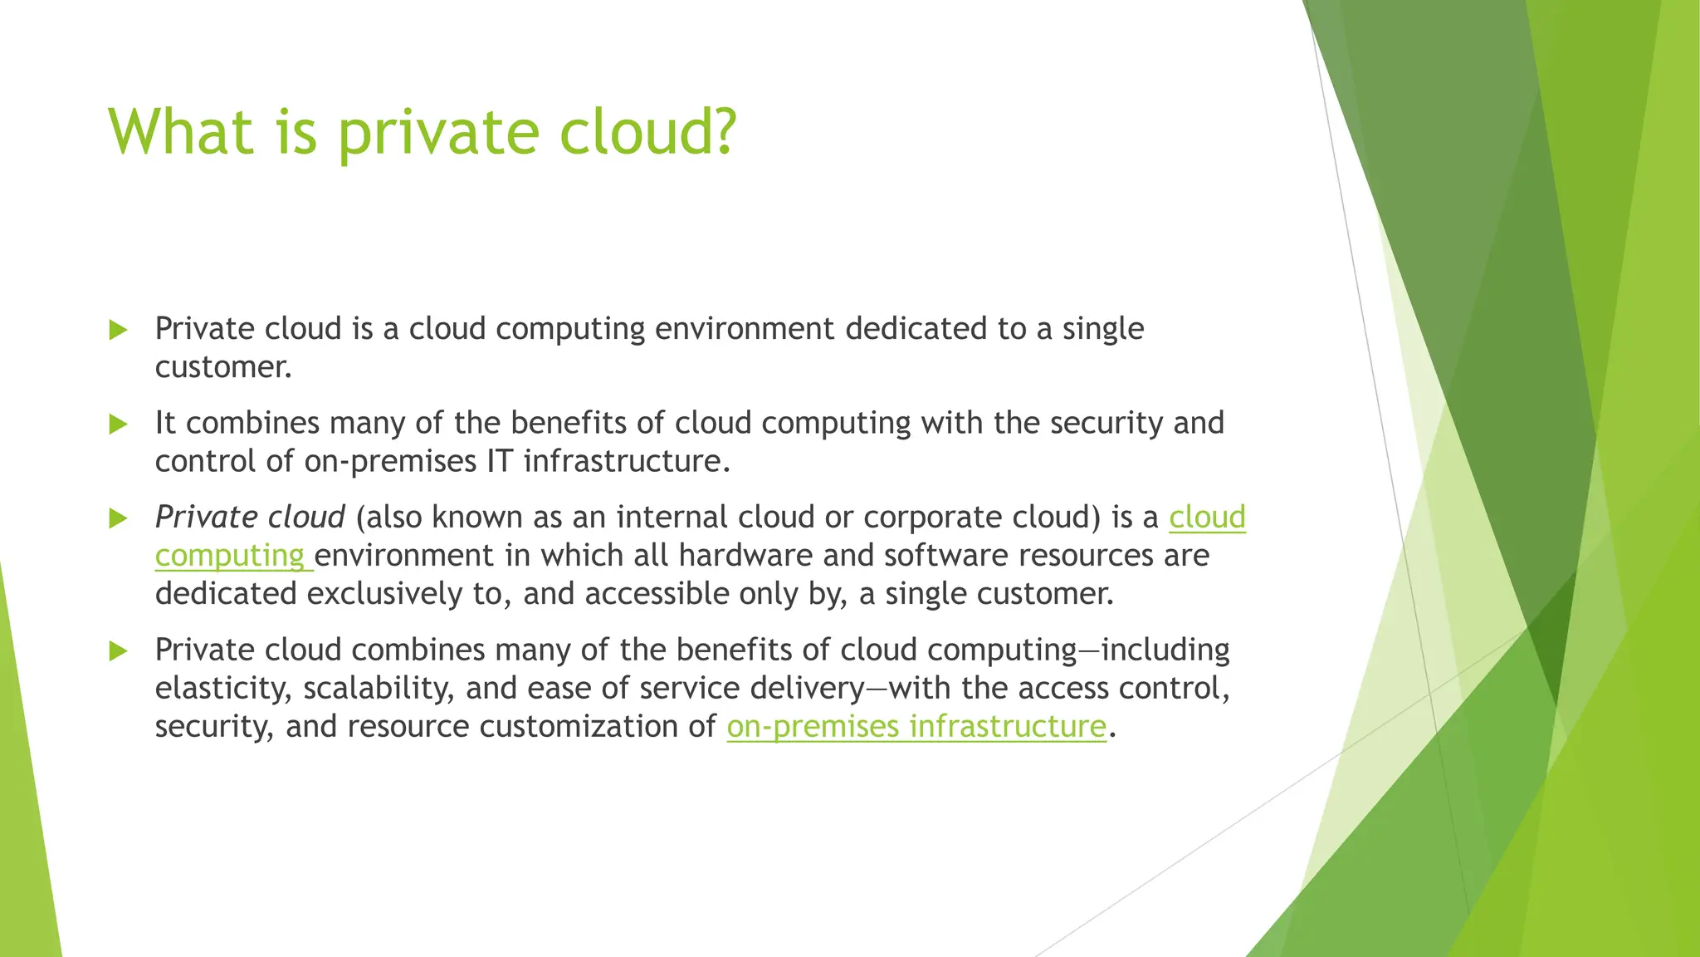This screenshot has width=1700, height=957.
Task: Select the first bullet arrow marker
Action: click(x=119, y=330)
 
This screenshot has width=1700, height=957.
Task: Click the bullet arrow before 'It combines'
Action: click(x=119, y=425)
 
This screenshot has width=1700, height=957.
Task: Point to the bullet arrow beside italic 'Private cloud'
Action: click(x=119, y=519)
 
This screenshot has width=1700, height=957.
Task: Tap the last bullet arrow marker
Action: click(x=119, y=651)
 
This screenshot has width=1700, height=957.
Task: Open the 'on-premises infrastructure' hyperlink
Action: click(x=916, y=727)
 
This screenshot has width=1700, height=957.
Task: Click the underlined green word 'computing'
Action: click(x=230, y=557)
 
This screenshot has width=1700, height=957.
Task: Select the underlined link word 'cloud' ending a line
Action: click(x=1207, y=518)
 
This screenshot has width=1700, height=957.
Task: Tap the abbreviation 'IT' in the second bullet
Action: click(x=500, y=462)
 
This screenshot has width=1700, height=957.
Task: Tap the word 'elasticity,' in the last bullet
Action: click(x=222, y=689)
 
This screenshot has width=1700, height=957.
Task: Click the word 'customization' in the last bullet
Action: click(x=584, y=727)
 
